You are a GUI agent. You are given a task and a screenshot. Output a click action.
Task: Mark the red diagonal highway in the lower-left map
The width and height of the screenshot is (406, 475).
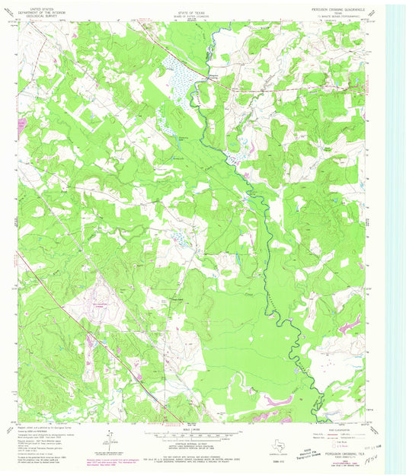click(x=99, y=335)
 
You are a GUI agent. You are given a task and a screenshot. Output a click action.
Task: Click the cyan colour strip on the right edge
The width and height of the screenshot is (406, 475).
click(x=395, y=228)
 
